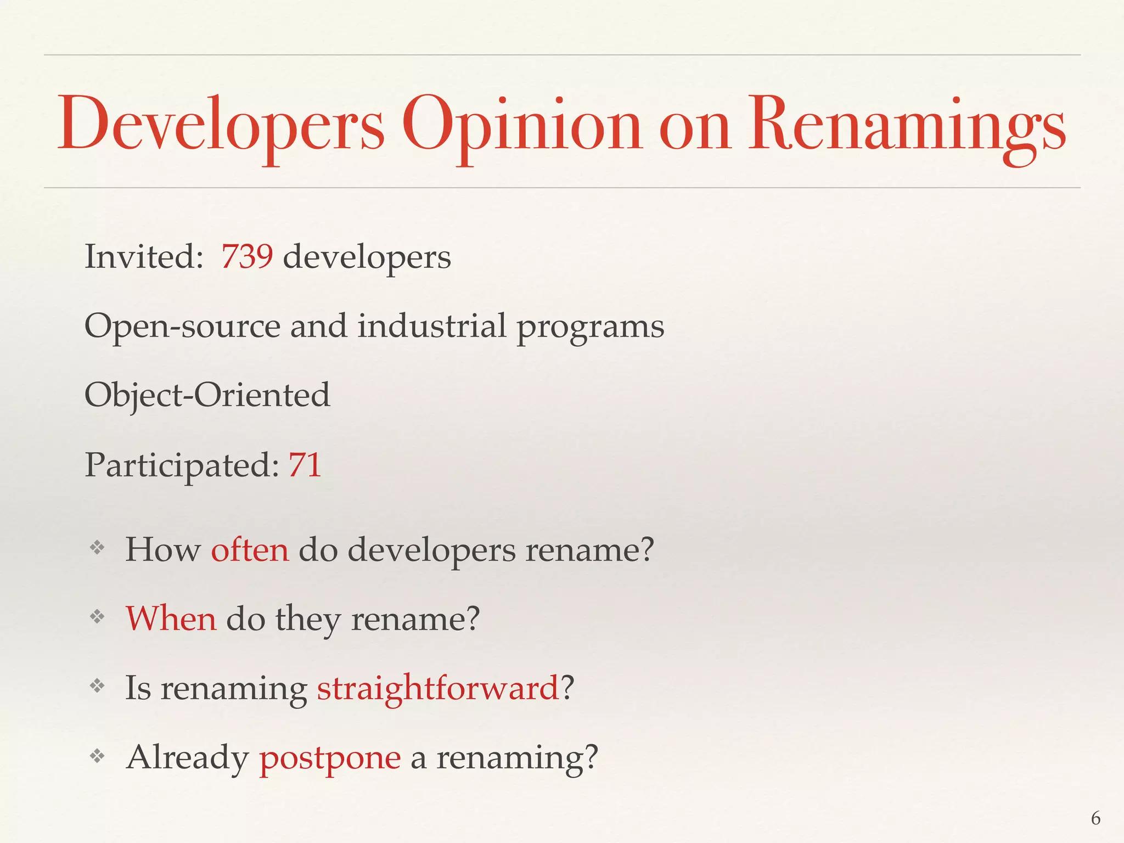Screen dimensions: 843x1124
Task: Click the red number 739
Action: (247, 256)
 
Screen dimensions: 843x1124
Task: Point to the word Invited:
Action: (144, 256)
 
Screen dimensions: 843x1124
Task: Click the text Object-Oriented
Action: (207, 395)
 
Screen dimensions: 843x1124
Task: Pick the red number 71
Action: (305, 465)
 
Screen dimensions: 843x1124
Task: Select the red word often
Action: (250, 549)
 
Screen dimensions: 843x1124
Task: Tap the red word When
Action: (171, 619)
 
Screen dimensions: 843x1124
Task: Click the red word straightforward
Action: (438, 688)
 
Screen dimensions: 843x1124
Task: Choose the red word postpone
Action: (330, 758)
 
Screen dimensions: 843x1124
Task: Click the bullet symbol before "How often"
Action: (97, 547)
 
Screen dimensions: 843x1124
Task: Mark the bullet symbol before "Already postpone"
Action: (97, 756)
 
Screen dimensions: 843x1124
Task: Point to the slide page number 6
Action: (1095, 818)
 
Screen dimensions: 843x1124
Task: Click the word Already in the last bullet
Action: (187, 757)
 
